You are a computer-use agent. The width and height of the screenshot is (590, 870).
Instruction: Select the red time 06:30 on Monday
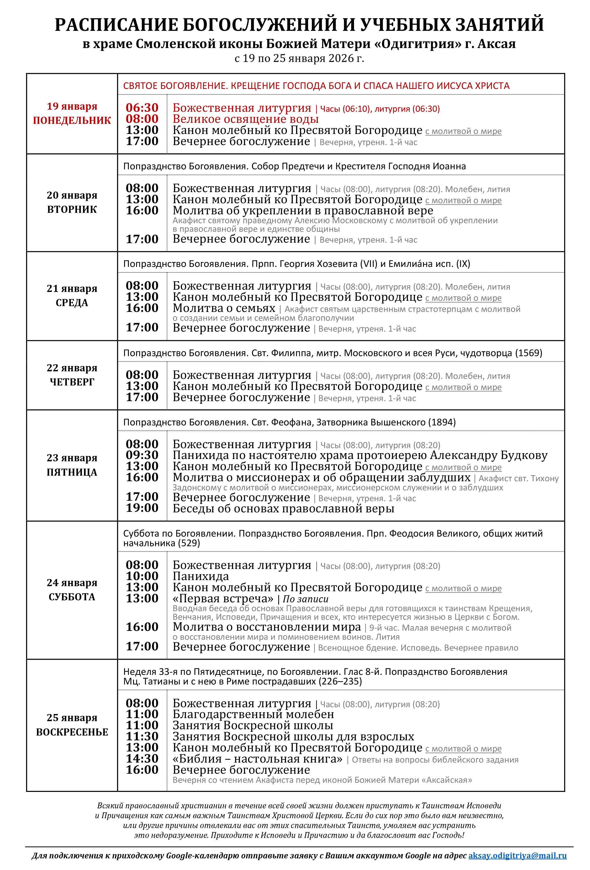pyautogui.click(x=142, y=108)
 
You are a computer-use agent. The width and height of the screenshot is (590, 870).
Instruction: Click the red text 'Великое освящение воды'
pyautogui.click(x=245, y=119)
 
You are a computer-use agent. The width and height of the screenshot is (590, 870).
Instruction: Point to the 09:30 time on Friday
pyautogui.click(x=142, y=455)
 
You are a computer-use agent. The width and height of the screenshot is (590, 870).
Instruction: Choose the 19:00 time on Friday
pyautogui.click(x=142, y=508)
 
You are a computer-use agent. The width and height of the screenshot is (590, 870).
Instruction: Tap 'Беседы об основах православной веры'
pyautogui.click(x=283, y=508)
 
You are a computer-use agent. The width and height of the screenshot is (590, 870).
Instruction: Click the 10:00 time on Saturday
pyautogui.click(x=142, y=576)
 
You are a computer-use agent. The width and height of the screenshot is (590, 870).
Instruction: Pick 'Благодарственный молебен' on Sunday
pyautogui.click(x=253, y=714)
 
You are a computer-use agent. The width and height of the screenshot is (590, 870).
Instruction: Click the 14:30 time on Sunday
pyautogui.click(x=142, y=759)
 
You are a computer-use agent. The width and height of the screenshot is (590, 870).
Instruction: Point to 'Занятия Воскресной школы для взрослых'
pyautogui.click(x=293, y=736)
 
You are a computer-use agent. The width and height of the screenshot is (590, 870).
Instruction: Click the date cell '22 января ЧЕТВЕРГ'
pyautogui.click(x=72, y=375)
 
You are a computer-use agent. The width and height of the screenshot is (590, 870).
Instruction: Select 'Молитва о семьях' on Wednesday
pyautogui.click(x=224, y=308)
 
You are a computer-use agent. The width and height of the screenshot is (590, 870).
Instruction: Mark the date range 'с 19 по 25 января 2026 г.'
pyautogui.click(x=299, y=58)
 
